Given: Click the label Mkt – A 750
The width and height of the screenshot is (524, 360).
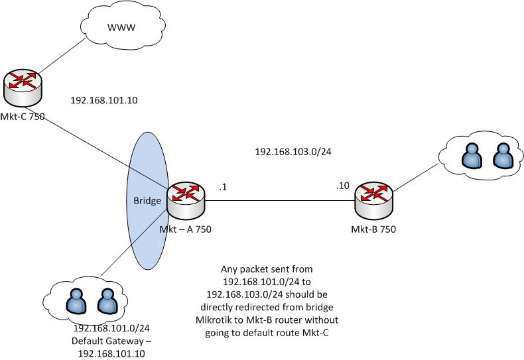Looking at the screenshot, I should (x=185, y=229).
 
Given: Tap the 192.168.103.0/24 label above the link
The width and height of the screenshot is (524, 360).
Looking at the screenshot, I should (x=293, y=152).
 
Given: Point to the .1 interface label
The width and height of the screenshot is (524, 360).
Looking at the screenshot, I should (x=223, y=188).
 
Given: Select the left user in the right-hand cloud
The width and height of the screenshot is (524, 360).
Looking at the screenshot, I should (x=470, y=156).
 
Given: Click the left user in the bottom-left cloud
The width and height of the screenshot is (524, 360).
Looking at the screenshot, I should (x=77, y=304).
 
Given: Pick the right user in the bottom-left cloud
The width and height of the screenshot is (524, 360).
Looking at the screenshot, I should (x=107, y=304).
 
